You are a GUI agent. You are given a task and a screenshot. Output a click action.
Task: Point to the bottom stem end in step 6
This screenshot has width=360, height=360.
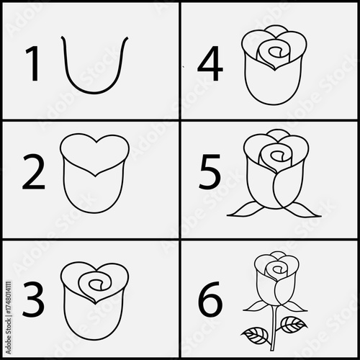tap(272, 348)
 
